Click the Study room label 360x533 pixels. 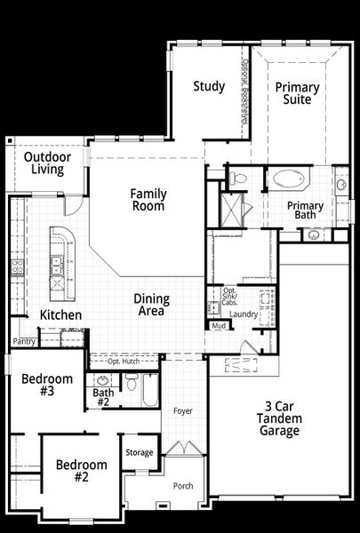[209, 86]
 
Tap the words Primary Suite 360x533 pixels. [297, 94]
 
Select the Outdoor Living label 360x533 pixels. [47, 163]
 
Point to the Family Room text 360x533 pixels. [148, 199]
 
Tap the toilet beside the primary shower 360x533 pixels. [237, 179]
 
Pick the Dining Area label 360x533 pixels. [151, 306]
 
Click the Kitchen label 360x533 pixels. [61, 315]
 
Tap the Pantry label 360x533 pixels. [24, 341]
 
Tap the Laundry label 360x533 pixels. [243, 314]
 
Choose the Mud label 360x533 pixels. [219, 326]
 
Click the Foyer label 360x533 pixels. [183, 411]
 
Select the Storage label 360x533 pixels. [139, 453]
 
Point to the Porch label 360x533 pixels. [183, 486]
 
